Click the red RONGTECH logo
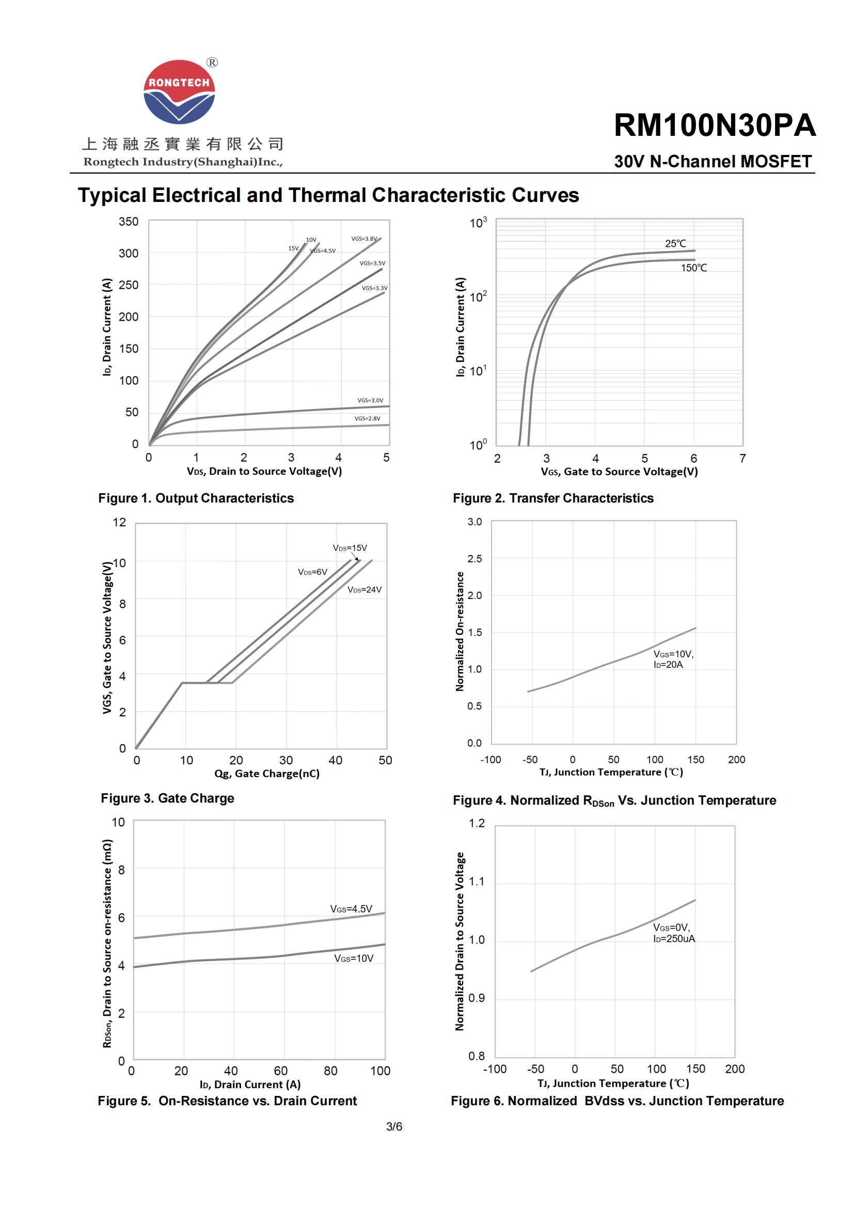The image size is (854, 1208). pyautogui.click(x=179, y=91)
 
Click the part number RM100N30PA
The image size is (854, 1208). pyautogui.click(x=714, y=125)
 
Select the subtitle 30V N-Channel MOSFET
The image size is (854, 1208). pyautogui.click(x=713, y=162)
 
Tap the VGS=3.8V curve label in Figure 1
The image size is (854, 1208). pyautogui.click(x=364, y=239)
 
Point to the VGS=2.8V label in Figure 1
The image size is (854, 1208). pyautogui.click(x=367, y=418)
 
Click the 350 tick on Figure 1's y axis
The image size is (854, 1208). pyautogui.click(x=129, y=222)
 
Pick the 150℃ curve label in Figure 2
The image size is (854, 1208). pyautogui.click(x=693, y=268)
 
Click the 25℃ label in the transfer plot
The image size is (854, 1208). pyautogui.click(x=675, y=244)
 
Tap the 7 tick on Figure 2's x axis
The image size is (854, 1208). pyautogui.click(x=742, y=458)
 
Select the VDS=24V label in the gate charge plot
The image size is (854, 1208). pyautogui.click(x=365, y=590)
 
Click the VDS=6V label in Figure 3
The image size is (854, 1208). pyautogui.click(x=312, y=572)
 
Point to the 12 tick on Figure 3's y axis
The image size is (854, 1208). pyautogui.click(x=119, y=523)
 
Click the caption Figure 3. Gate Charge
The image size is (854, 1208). pyautogui.click(x=167, y=798)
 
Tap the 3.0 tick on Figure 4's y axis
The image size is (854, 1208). pyautogui.click(x=475, y=522)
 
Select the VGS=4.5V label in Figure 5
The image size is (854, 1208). pyautogui.click(x=351, y=908)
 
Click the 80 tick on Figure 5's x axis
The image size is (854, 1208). pyautogui.click(x=330, y=1071)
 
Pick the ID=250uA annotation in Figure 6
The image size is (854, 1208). pyautogui.click(x=674, y=939)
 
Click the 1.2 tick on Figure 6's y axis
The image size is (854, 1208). pyautogui.click(x=477, y=823)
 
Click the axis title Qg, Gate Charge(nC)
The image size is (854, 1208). pyautogui.click(x=266, y=774)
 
